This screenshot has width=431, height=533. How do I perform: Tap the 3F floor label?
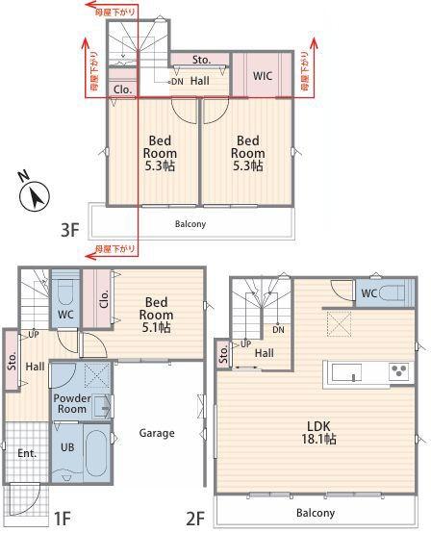(x=69, y=230)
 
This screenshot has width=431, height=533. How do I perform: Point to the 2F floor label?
(x=196, y=520)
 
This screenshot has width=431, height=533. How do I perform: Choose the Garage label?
(x=156, y=433)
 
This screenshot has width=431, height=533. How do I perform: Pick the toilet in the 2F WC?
(x=393, y=293)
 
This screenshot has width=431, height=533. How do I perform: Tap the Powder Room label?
(x=71, y=403)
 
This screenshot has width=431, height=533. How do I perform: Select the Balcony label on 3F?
(x=190, y=224)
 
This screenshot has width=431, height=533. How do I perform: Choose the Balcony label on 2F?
(x=316, y=513)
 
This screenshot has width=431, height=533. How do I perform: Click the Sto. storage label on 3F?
(x=200, y=60)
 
